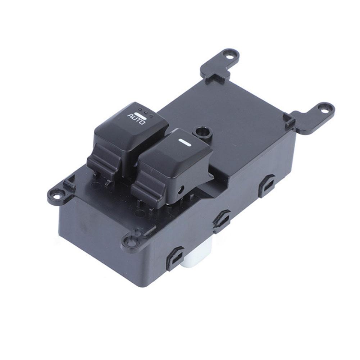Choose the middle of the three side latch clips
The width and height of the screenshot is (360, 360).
[x=221, y=220]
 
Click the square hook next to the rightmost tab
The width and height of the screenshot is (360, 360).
[x=289, y=120]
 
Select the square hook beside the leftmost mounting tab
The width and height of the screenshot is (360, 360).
[x=69, y=183]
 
